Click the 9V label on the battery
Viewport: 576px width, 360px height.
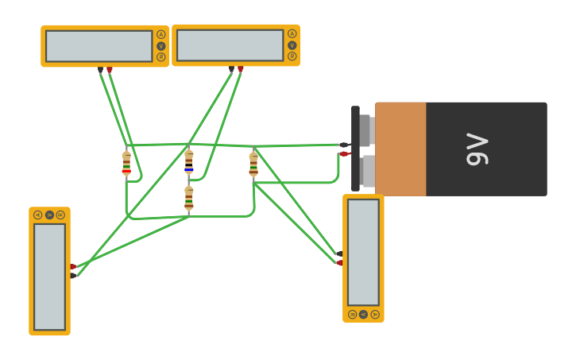click(x=477, y=149)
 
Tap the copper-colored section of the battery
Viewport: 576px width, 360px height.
click(x=400, y=149)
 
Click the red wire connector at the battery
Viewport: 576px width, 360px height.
click(x=344, y=154)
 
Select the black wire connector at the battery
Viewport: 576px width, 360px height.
click(x=344, y=145)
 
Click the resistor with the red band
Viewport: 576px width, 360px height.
click(x=126, y=162)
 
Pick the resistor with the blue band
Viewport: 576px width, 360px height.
click(x=189, y=161)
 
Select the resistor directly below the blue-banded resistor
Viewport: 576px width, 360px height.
click(x=189, y=198)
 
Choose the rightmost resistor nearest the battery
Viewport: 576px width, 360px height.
click(x=253, y=164)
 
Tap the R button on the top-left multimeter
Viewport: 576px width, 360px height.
click(x=160, y=57)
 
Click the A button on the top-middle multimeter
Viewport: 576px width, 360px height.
click(x=292, y=33)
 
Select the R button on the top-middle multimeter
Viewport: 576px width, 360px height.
click(x=292, y=56)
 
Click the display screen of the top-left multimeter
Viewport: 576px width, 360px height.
click(x=99, y=46)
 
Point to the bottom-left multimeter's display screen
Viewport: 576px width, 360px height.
click(x=49, y=277)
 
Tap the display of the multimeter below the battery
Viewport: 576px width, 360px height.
click(x=363, y=252)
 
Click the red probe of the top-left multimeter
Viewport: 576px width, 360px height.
click(x=110, y=70)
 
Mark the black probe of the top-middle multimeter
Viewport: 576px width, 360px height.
click(x=231, y=69)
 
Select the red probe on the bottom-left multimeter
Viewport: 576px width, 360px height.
click(x=73, y=266)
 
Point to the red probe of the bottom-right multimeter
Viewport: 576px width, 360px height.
click(x=339, y=262)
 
